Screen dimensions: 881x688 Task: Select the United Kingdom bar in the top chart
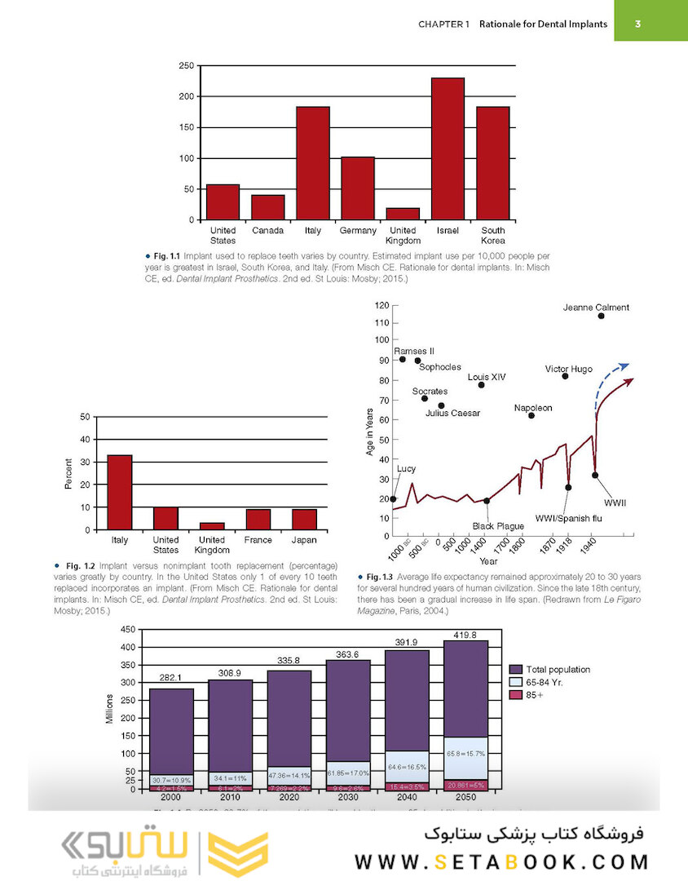click(x=403, y=214)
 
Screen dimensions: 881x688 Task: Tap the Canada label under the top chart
click(x=267, y=231)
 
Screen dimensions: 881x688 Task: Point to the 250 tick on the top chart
click(x=186, y=65)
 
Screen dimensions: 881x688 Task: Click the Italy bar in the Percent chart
click(x=120, y=492)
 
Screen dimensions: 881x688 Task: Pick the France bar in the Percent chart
click(x=258, y=520)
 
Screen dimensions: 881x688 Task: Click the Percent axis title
click(x=69, y=473)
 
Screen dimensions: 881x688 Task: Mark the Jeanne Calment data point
click(x=601, y=316)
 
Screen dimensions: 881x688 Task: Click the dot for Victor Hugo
click(x=565, y=376)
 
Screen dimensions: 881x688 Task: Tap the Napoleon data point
click(x=531, y=416)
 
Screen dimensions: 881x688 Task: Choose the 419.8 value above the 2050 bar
click(x=465, y=634)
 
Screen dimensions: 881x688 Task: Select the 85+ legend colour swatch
click(x=515, y=695)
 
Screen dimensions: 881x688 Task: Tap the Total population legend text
click(x=558, y=669)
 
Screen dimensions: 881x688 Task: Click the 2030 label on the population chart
click(x=348, y=797)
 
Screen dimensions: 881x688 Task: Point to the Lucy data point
click(x=393, y=499)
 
